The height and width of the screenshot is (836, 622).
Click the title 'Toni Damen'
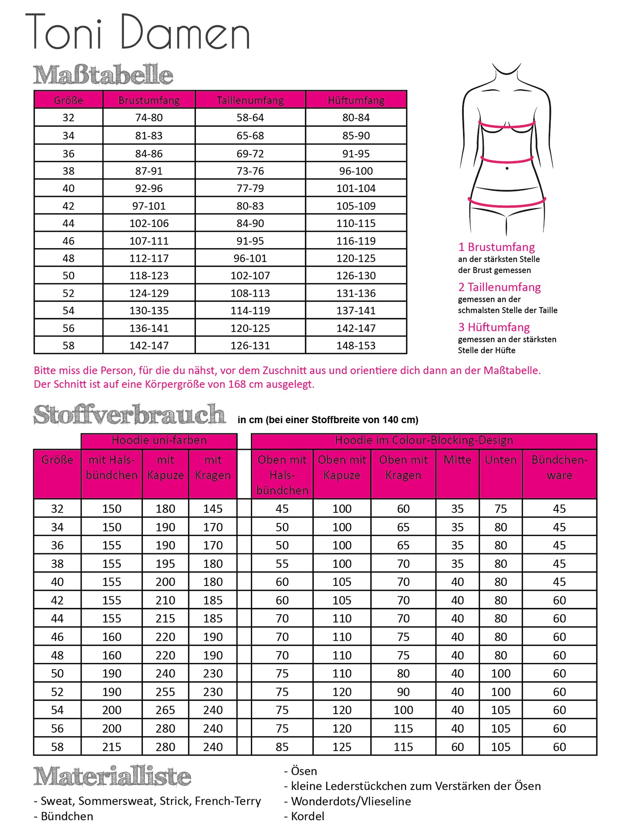(138, 32)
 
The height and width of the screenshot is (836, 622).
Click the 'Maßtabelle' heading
(103, 75)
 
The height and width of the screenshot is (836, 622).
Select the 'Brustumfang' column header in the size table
(149, 100)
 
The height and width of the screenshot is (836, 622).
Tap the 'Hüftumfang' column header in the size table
(356, 100)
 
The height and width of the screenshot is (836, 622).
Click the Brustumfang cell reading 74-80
(149, 118)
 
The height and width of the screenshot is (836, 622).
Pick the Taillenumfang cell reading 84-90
(250, 224)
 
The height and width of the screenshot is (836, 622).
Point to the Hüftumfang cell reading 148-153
(356, 346)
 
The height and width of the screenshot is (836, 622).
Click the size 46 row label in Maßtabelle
(68, 241)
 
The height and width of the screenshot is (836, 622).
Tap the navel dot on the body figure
(507, 169)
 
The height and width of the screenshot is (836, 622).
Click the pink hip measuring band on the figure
(506, 205)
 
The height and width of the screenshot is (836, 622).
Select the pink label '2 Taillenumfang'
(499, 287)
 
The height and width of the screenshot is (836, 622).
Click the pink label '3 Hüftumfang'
(494, 327)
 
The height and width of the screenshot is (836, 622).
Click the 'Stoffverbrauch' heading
(129, 415)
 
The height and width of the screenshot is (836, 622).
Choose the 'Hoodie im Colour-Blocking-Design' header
(424, 441)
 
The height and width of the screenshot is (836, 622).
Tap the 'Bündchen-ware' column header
(559, 468)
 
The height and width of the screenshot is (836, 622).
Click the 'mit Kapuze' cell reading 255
(165, 692)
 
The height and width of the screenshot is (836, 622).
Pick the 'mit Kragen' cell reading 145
(213, 509)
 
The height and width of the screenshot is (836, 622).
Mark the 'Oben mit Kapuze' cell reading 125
(342, 747)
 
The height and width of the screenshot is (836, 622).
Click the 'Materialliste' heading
(112, 777)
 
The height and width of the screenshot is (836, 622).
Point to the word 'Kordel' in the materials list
(307, 816)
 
